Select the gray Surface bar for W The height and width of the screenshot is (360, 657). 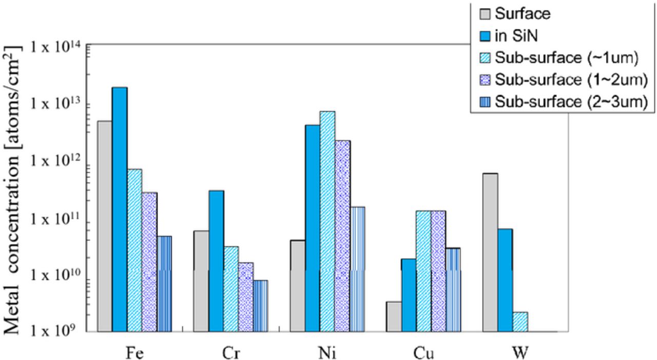tap(490, 252)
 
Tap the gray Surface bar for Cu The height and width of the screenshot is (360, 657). tap(393, 316)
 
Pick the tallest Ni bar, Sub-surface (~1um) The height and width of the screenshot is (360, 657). tap(327, 221)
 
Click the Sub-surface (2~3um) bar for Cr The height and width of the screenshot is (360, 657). tap(260, 305)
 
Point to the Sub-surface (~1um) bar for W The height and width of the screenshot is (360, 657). tap(520, 321)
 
